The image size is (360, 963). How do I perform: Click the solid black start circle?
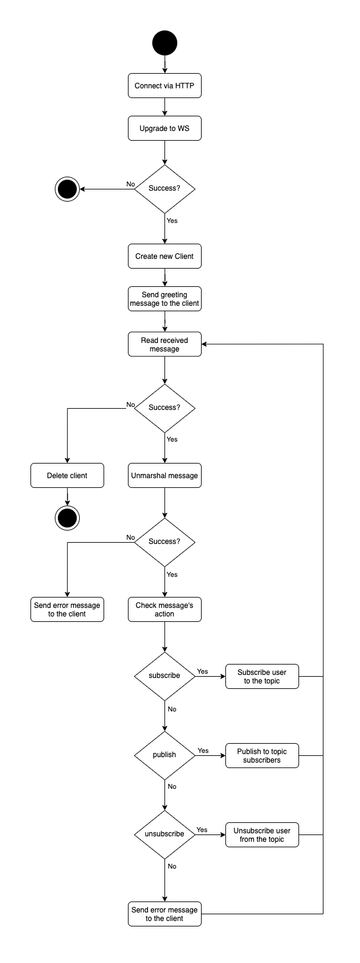[164, 43]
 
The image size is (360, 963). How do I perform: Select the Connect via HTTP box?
[164, 86]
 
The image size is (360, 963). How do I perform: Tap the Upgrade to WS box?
[164, 129]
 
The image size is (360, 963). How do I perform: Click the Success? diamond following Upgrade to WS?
[164, 189]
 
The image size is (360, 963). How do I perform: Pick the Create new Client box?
[164, 256]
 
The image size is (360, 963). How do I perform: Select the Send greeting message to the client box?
[164, 299]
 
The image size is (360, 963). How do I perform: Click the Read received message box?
[164, 344]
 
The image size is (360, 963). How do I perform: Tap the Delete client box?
[67, 476]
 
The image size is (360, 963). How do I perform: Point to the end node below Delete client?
[67, 518]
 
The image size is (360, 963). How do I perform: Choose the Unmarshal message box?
[164, 476]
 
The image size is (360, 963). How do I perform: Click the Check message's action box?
[164, 610]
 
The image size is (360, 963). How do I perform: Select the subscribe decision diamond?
[164, 676]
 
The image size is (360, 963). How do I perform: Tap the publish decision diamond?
[164, 755]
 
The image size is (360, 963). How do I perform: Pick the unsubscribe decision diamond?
[164, 834]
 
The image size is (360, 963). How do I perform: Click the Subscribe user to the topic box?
[262, 676]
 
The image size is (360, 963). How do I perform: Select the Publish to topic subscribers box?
[262, 756]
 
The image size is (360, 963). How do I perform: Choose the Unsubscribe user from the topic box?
[262, 834]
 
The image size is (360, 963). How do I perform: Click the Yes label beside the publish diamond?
[203, 750]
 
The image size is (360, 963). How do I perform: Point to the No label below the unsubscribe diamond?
[172, 866]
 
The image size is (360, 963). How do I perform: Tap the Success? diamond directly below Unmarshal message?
[164, 542]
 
